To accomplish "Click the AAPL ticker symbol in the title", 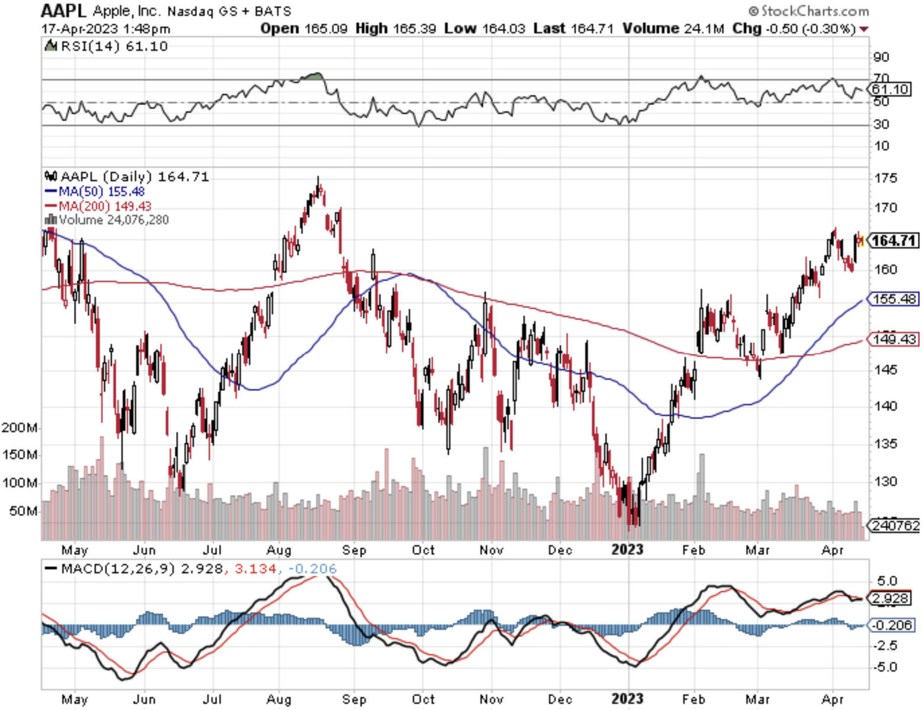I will [63, 10].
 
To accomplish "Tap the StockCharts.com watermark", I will [809, 11].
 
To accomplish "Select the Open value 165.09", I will [325, 28].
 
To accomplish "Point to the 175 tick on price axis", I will [885, 177].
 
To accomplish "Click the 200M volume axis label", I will [20, 427].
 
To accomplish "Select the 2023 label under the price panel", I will [627, 550].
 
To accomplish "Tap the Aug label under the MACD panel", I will [279, 699].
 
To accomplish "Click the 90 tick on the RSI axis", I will [881, 57].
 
